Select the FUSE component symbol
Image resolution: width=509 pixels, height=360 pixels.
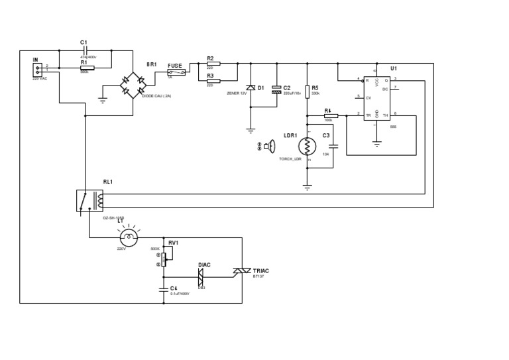coord(176,72)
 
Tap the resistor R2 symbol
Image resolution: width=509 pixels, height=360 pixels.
coord(213,64)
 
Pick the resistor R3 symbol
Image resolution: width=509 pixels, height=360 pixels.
coord(213,80)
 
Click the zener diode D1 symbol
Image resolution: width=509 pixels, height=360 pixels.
coord(251,88)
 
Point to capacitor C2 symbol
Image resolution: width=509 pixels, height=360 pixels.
coord(276,89)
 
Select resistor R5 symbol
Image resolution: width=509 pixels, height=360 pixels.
coord(307,91)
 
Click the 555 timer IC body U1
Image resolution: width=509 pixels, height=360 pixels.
coord(376,98)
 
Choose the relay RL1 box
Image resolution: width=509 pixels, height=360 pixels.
coord(90,200)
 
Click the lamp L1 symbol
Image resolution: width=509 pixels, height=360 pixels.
coord(128,237)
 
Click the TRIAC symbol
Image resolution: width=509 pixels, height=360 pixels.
coord(241,270)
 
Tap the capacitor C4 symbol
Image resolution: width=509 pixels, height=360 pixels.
coord(164,289)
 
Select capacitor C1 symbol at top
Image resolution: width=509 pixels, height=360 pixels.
coord(85,50)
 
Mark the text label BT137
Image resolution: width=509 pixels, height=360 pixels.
coord(259,276)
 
